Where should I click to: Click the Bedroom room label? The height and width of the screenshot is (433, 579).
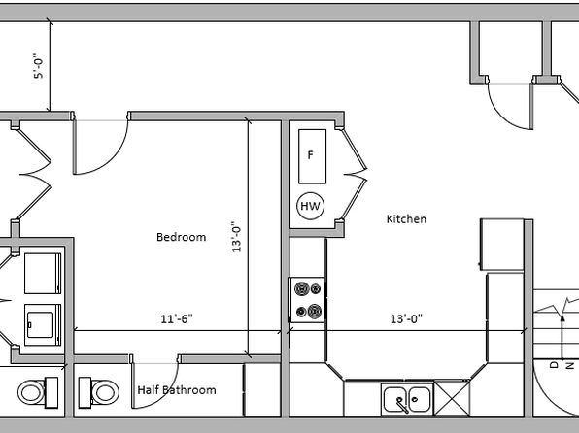click(182, 237)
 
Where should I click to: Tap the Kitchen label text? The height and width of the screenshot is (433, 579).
click(406, 218)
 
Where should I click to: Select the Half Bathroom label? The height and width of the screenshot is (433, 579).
click(177, 390)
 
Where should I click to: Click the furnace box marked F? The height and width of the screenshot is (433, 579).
click(313, 156)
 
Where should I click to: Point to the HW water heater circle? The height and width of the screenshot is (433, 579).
click(311, 206)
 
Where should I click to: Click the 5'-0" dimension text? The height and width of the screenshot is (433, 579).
click(39, 65)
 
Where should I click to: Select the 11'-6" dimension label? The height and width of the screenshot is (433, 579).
click(177, 318)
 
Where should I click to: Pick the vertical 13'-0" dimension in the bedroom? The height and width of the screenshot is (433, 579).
click(236, 237)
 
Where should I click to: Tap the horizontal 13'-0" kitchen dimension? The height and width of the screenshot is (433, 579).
click(406, 318)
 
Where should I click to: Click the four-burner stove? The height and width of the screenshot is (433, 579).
click(307, 300)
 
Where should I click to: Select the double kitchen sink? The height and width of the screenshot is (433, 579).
click(407, 399)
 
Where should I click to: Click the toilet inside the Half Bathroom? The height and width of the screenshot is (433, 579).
click(98, 392)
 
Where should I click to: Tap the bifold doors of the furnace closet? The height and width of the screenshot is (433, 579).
click(355, 174)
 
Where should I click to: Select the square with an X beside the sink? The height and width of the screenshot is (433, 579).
click(452, 399)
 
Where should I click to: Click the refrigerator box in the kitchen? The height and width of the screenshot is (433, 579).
click(502, 245)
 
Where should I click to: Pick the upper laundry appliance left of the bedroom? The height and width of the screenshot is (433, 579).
click(43, 273)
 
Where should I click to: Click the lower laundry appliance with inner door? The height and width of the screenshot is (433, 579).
click(43, 325)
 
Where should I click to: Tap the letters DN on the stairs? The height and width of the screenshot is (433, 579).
click(562, 365)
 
